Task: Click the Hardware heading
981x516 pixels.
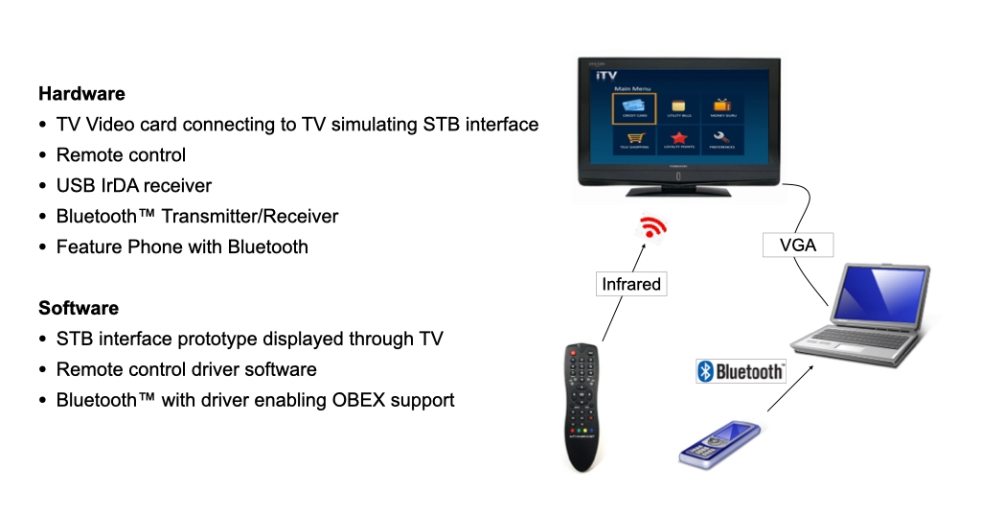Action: pos(81,94)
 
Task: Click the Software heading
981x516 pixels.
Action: pos(79,308)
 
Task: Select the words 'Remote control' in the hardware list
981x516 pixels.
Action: pos(121,155)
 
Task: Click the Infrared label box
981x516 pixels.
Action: pos(631,284)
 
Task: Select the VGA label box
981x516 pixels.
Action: pos(798,245)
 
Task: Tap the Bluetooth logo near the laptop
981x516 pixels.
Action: pos(741,371)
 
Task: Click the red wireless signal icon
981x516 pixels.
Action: pos(654,228)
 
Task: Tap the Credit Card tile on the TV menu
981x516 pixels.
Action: pos(634,108)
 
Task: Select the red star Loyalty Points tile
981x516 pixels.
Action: pos(678,142)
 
